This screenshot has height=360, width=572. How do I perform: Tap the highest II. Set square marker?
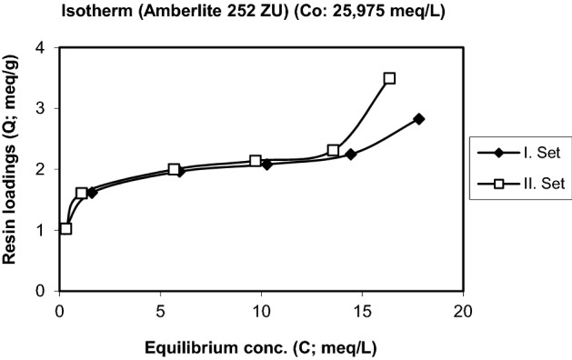click(389, 78)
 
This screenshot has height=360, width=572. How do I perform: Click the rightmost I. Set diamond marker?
click(418, 119)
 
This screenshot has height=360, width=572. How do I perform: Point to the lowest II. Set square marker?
click(65, 228)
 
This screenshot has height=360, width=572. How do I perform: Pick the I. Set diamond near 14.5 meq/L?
click(350, 155)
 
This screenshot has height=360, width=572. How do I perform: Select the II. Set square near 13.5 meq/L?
click(334, 150)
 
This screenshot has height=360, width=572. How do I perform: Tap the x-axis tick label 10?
click(261, 310)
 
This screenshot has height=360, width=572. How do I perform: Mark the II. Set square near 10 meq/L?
click(256, 161)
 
